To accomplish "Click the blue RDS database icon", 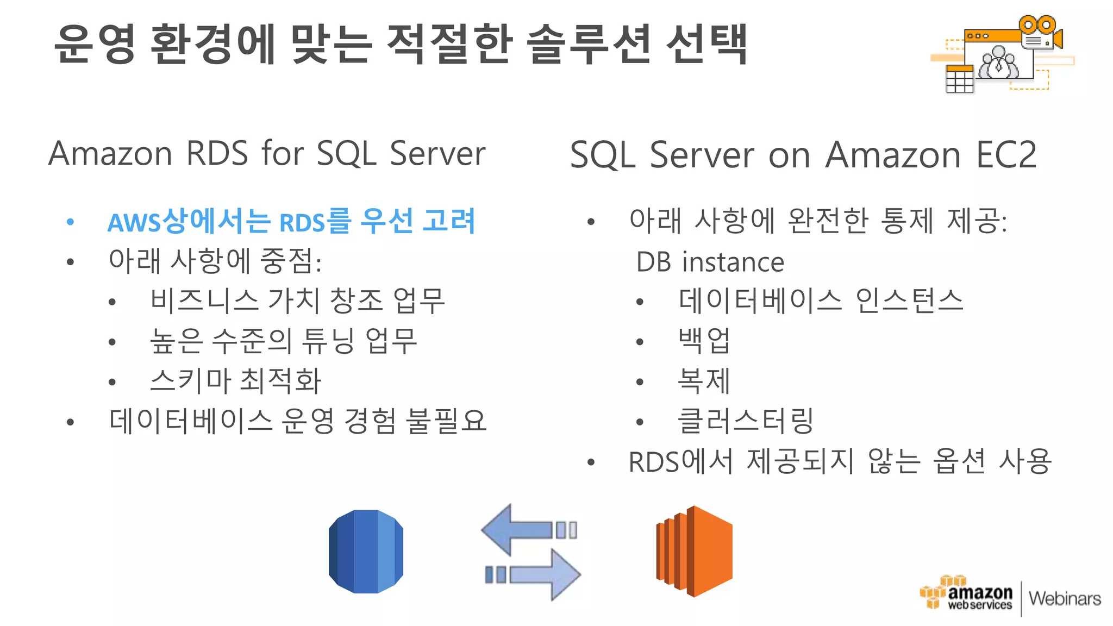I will pyautogui.click(x=366, y=551).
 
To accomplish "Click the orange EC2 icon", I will pyautogui.click(x=695, y=551).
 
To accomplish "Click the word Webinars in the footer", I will pyautogui.click(x=1065, y=599).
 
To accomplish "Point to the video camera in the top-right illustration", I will pyautogui.click(x=1040, y=34).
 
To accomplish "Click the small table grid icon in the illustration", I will pyautogui.click(x=959, y=80).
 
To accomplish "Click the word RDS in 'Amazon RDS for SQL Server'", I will pyautogui.click(x=217, y=154).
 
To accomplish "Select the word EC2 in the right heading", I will pyautogui.click(x=1006, y=155).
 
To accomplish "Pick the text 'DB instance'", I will pyautogui.click(x=710, y=262).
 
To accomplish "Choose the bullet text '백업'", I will pyautogui.click(x=704, y=341).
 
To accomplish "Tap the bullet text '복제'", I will pyautogui.click(x=704, y=380).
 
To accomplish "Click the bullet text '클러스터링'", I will pyautogui.click(x=746, y=421).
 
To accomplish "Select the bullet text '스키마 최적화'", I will pyautogui.click(x=236, y=380).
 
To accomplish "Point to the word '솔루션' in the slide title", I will pyautogui.click(x=589, y=43).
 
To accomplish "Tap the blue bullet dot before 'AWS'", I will pyautogui.click(x=70, y=222).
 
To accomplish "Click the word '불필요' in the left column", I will pyautogui.click(x=447, y=421).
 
